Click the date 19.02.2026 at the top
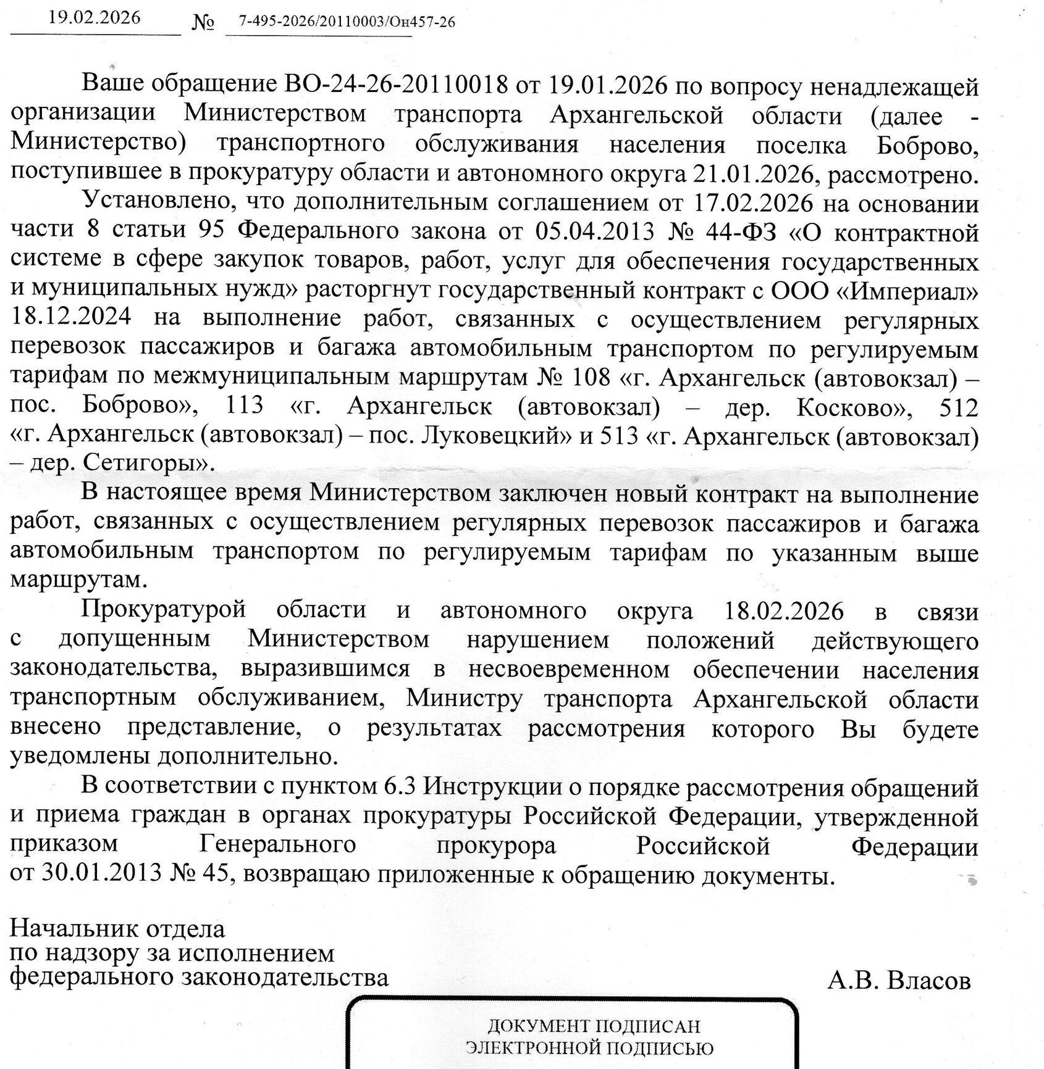(95, 17)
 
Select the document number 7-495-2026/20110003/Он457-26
(347, 22)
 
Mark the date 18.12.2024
(71, 318)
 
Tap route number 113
(245, 406)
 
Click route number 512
(958, 407)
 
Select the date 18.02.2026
(783, 611)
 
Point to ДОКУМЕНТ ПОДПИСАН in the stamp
(594, 1026)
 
